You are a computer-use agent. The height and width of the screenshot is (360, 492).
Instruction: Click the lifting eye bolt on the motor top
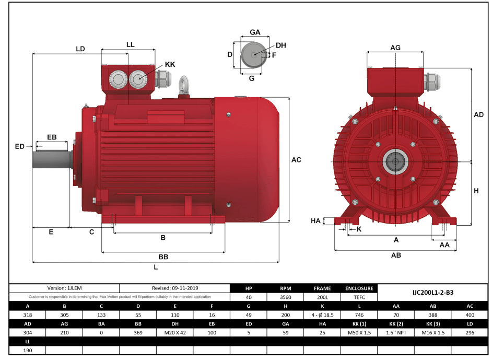click(x=184, y=85)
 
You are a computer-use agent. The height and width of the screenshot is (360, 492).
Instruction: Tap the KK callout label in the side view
click(x=170, y=64)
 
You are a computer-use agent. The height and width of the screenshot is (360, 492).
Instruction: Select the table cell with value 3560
click(x=285, y=297)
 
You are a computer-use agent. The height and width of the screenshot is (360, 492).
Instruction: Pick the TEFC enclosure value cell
click(x=359, y=297)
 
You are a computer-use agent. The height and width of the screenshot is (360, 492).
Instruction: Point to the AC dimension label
click(x=296, y=160)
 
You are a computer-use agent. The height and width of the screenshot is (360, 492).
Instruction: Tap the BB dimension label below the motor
click(x=163, y=257)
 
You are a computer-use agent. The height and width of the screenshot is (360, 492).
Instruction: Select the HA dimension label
click(x=315, y=221)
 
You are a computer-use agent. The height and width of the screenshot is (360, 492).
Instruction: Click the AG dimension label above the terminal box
click(x=395, y=48)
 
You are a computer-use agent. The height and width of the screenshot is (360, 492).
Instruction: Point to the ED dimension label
click(x=20, y=146)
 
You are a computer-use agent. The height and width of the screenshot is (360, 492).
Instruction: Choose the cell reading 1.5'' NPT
click(x=395, y=332)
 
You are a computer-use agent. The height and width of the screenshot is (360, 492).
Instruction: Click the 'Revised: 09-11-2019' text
click(x=174, y=288)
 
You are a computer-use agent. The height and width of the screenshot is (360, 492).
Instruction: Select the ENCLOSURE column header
click(x=359, y=288)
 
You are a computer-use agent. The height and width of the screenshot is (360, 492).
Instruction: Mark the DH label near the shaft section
click(x=281, y=45)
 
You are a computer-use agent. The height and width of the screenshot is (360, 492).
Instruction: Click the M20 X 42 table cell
click(x=175, y=332)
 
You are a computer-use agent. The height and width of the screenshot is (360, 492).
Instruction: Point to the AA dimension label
click(x=444, y=245)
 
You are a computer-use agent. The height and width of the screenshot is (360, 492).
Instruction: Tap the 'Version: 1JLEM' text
click(x=64, y=288)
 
